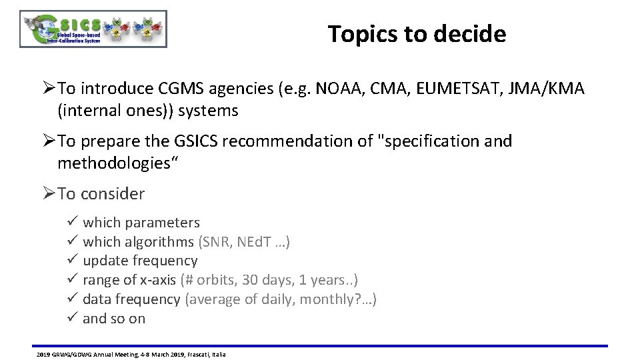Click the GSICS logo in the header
coord(93,29)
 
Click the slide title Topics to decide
coord(417,34)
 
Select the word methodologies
coord(109,163)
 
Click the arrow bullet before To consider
coord(49,194)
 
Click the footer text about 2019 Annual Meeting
coord(131,354)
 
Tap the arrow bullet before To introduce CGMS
coord(49,89)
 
